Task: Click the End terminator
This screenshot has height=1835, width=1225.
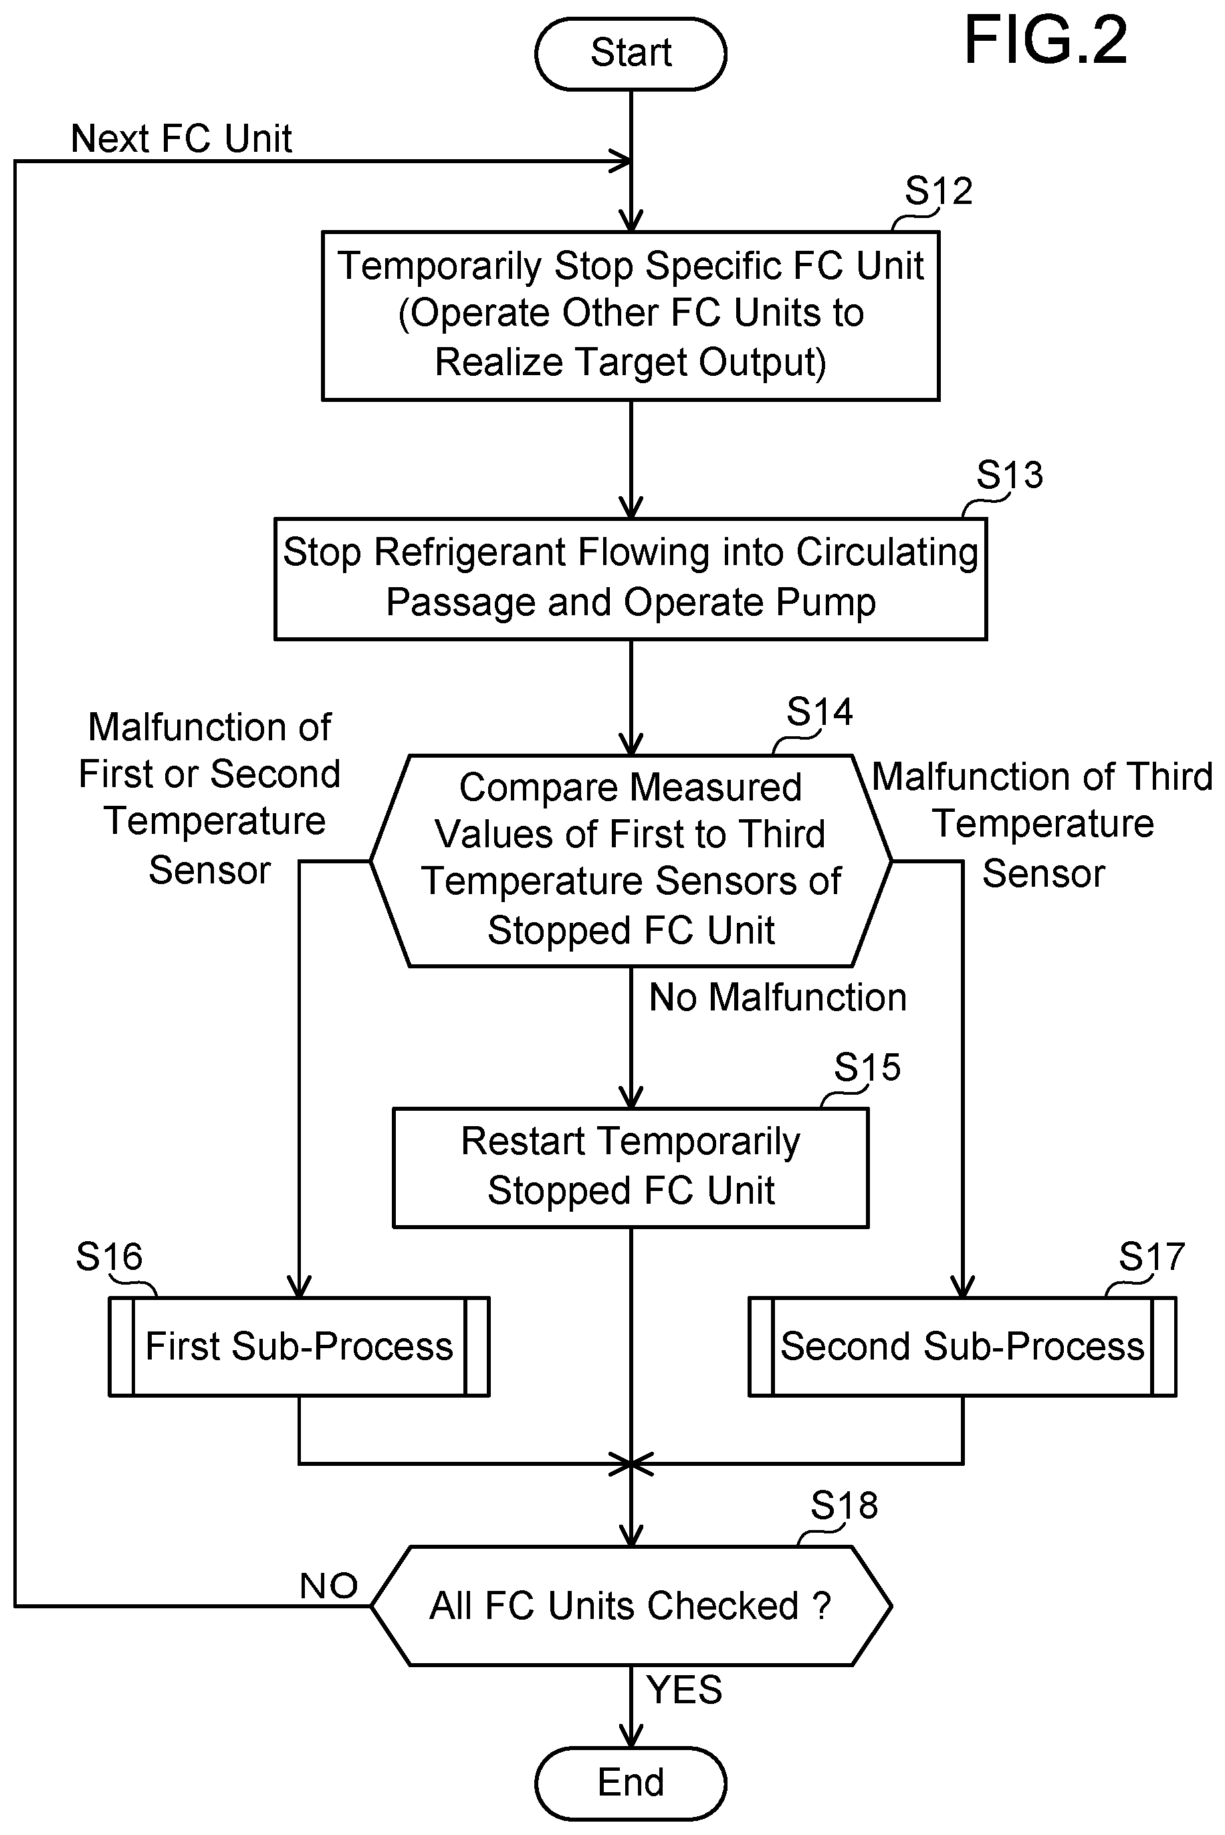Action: coord(631,1784)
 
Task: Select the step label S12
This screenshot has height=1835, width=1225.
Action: coord(938,191)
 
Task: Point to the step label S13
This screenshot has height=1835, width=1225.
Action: coord(1010,475)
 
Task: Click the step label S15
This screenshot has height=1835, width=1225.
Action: coord(867,1067)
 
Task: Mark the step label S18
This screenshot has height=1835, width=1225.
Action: coord(844,1505)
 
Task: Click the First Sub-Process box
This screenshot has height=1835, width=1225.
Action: coord(299,1347)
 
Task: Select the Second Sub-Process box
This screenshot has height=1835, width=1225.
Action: coord(962,1347)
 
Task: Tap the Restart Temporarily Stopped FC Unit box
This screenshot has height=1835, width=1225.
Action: coord(631,1168)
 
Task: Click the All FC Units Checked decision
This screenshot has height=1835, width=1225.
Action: coord(631,1606)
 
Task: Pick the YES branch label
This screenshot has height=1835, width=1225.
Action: coord(684,1691)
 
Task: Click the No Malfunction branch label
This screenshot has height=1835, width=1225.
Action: coord(778,998)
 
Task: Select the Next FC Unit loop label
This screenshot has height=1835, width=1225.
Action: coord(181,139)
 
